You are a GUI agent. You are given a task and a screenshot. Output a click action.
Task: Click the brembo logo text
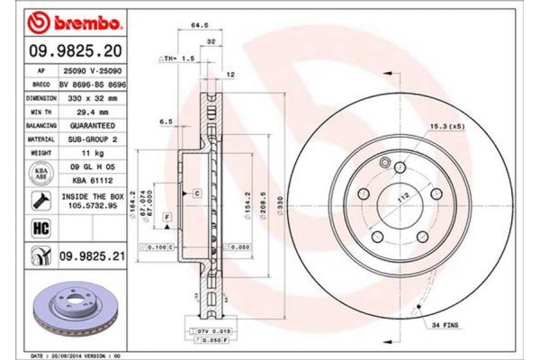67,19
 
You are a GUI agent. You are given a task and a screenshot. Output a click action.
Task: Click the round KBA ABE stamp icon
41,172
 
